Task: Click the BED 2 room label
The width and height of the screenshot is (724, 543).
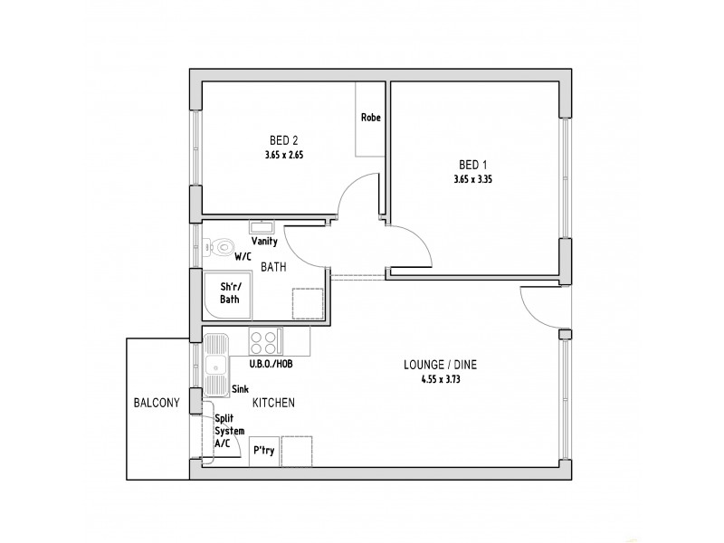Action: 284,140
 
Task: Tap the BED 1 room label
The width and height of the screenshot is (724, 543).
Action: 472,165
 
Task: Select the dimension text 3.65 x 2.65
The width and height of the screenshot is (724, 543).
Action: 284,155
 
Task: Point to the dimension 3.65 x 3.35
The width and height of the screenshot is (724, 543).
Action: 472,179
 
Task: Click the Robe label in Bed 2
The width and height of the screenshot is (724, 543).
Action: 370,118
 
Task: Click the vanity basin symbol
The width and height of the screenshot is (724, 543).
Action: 263,226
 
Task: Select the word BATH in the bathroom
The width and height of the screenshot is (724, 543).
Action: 275,268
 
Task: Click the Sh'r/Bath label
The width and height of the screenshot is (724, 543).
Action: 230,293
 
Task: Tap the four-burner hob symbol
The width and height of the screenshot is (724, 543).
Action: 263,342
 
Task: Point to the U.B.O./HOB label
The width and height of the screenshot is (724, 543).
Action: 271,364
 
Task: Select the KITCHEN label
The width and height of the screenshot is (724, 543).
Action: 273,402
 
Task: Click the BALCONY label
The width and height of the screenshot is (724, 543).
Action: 157,404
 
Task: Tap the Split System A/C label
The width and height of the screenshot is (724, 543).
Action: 229,431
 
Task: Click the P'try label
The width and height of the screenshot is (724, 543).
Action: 263,450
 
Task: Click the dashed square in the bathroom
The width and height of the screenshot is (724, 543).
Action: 307,301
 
